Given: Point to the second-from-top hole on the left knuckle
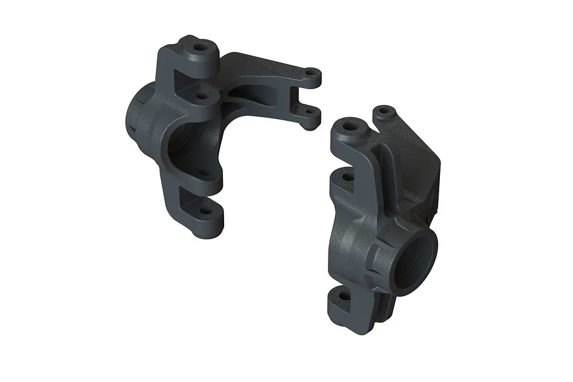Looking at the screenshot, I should click(x=202, y=97).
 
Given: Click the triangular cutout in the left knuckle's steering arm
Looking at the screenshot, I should click(x=255, y=95).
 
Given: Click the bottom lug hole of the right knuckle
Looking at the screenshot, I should click(x=344, y=296).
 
